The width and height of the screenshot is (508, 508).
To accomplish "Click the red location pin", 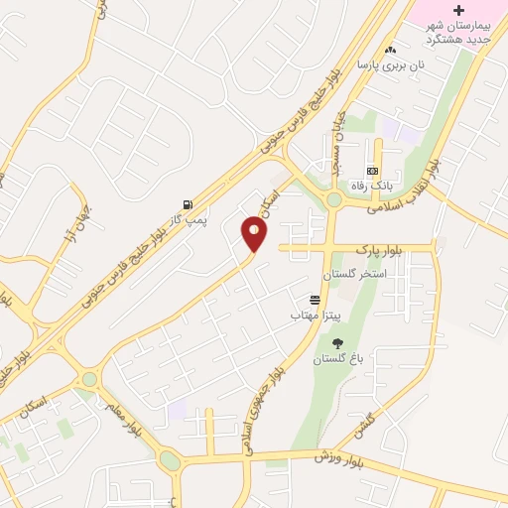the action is [x=255, y=234].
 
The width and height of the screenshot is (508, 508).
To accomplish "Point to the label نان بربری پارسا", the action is [x=390, y=65].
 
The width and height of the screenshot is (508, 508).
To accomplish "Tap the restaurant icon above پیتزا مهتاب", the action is [x=316, y=299].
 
